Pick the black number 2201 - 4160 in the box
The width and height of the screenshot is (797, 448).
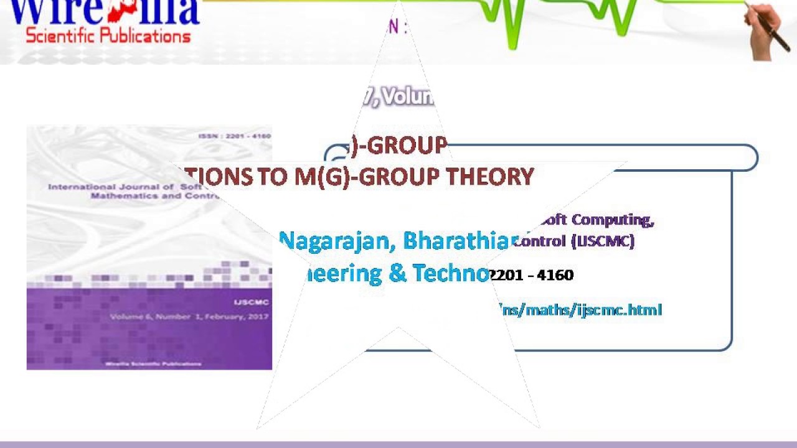coord(531,275)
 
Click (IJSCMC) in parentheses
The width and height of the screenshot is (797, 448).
coord(603,241)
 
